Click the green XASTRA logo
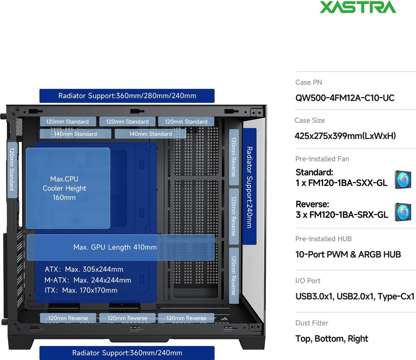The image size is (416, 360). [x=358, y=7]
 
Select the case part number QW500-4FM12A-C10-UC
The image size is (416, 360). [x=345, y=98]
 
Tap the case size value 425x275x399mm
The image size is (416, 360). [x=345, y=136]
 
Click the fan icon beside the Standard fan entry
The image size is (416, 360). [x=403, y=180]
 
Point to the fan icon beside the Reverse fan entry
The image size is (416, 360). [x=403, y=212]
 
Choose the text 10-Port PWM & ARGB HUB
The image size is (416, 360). [x=348, y=254]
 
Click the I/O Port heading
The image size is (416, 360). [x=308, y=281]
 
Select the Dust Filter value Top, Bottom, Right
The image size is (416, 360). [x=332, y=338]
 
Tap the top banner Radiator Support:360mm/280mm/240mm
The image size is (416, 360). [x=127, y=96]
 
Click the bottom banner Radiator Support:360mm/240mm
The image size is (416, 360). [x=127, y=353]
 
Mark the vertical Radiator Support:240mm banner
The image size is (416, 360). [x=249, y=187]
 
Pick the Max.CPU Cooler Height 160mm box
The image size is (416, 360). [x=68, y=188]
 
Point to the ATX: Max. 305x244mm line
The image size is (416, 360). [x=84, y=269]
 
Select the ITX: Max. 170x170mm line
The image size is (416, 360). [x=81, y=290]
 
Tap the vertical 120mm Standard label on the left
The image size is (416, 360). [x=12, y=169]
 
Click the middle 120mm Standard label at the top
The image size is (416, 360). [x=127, y=121]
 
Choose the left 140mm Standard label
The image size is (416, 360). [x=75, y=134]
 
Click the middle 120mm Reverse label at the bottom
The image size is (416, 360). [x=127, y=318]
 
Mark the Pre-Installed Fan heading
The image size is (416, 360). [x=322, y=159]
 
